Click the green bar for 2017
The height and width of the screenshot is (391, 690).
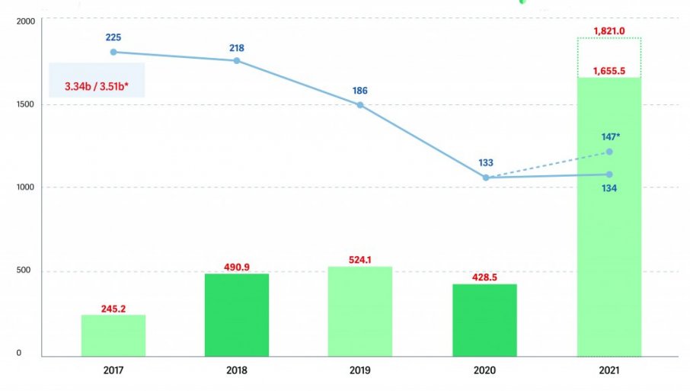pyautogui.click(x=113, y=335)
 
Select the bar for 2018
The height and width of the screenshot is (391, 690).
pyautogui.click(x=237, y=315)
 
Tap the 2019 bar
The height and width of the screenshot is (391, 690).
pyautogui.click(x=360, y=311)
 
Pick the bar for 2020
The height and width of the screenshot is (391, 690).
pyautogui.click(x=484, y=320)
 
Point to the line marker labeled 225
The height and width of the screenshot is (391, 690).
pyautogui.click(x=113, y=52)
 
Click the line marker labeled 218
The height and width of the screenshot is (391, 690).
pyautogui.click(x=237, y=60)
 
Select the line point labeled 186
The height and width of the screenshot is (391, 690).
pyautogui.click(x=360, y=104)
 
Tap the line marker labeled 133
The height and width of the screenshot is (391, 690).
pyautogui.click(x=486, y=178)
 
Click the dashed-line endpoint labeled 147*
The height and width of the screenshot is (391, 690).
pyautogui.click(x=609, y=152)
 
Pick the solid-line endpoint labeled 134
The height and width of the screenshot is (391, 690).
pyautogui.click(x=609, y=175)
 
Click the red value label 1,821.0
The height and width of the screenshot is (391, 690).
pyautogui.click(x=609, y=31)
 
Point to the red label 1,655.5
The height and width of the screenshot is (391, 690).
pyautogui.click(x=609, y=71)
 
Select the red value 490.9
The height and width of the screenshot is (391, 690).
pyautogui.click(x=237, y=267)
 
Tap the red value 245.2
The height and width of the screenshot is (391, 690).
pyautogui.click(x=113, y=309)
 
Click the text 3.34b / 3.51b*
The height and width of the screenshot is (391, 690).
pyautogui.click(x=96, y=85)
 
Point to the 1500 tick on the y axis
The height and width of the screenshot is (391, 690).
pyautogui.click(x=25, y=104)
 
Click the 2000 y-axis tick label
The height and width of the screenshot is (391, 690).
pyautogui.click(x=25, y=21)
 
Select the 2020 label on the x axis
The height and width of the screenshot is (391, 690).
pyautogui.click(x=484, y=370)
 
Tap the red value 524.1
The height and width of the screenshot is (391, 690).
pyautogui.click(x=360, y=260)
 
